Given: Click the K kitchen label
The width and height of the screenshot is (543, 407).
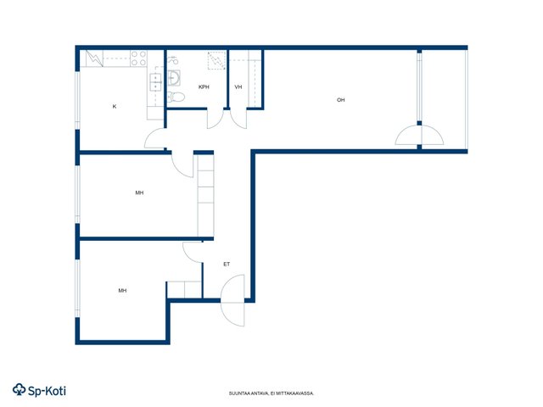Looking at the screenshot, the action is click(x=115, y=106).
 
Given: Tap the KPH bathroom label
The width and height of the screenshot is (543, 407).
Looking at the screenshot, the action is click(x=204, y=86).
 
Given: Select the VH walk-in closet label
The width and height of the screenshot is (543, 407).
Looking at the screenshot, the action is click(x=238, y=86).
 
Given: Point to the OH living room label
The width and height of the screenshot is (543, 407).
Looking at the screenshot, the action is click(x=341, y=100).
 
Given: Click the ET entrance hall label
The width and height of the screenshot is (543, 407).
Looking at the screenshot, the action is click(x=227, y=264).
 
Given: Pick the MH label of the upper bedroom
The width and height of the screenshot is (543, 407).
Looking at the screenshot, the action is click(x=139, y=192).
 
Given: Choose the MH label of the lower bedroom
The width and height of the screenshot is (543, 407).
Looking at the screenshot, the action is click(x=122, y=290).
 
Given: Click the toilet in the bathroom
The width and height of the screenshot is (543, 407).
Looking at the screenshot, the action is click(x=176, y=97).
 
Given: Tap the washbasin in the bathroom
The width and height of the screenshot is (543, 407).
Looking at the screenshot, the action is click(x=174, y=78).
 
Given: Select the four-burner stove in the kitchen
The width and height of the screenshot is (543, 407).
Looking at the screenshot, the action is click(x=138, y=59).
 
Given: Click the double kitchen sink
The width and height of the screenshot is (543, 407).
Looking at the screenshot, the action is click(x=155, y=82).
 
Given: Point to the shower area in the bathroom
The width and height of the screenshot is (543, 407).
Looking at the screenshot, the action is click(x=216, y=60).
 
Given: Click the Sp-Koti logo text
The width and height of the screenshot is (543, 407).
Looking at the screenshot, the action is click(x=39, y=390).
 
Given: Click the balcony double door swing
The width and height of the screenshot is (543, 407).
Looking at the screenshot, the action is click(x=419, y=135).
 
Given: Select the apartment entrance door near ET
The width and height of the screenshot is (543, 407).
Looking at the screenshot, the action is click(x=232, y=300).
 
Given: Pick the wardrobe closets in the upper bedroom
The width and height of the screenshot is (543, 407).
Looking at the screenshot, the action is click(x=205, y=196).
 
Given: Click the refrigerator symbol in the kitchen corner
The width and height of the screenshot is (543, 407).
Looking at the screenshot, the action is click(x=94, y=59).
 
